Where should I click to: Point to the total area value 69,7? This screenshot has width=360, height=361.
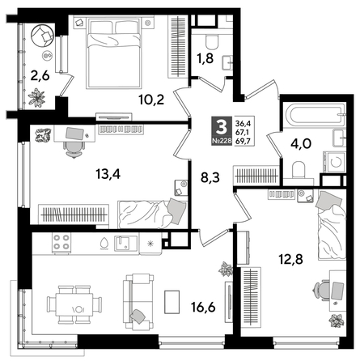point(242,140)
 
